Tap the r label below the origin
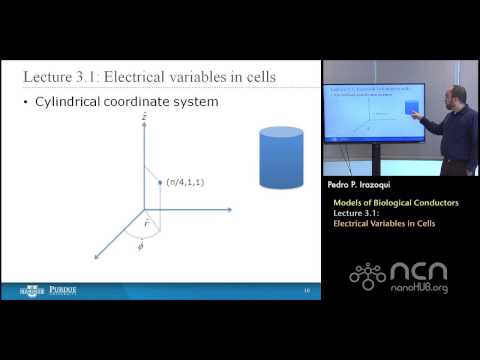click(148, 226)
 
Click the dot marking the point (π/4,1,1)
click(160, 182)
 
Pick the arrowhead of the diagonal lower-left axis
click(97, 256)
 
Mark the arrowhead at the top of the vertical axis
click(143, 127)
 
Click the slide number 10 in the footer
click(306, 291)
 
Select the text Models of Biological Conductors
click(396, 203)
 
